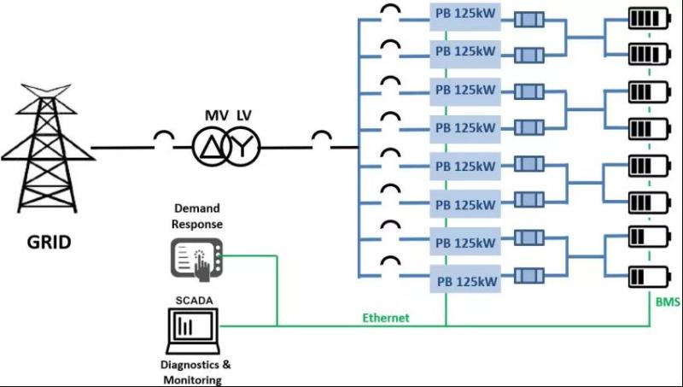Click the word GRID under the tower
pyautogui.click(x=47, y=242)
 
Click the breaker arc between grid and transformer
pyautogui.click(x=164, y=137)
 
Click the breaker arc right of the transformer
pyautogui.click(x=323, y=137)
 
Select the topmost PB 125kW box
pyautogui.click(x=465, y=16)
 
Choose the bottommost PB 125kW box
pyautogui.click(x=465, y=280)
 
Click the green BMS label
pyautogui.click(x=666, y=302)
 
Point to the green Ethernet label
pyautogui.click(x=386, y=318)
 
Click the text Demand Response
pyautogui.click(x=198, y=215)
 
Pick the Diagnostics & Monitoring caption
pyautogui.click(x=191, y=372)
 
